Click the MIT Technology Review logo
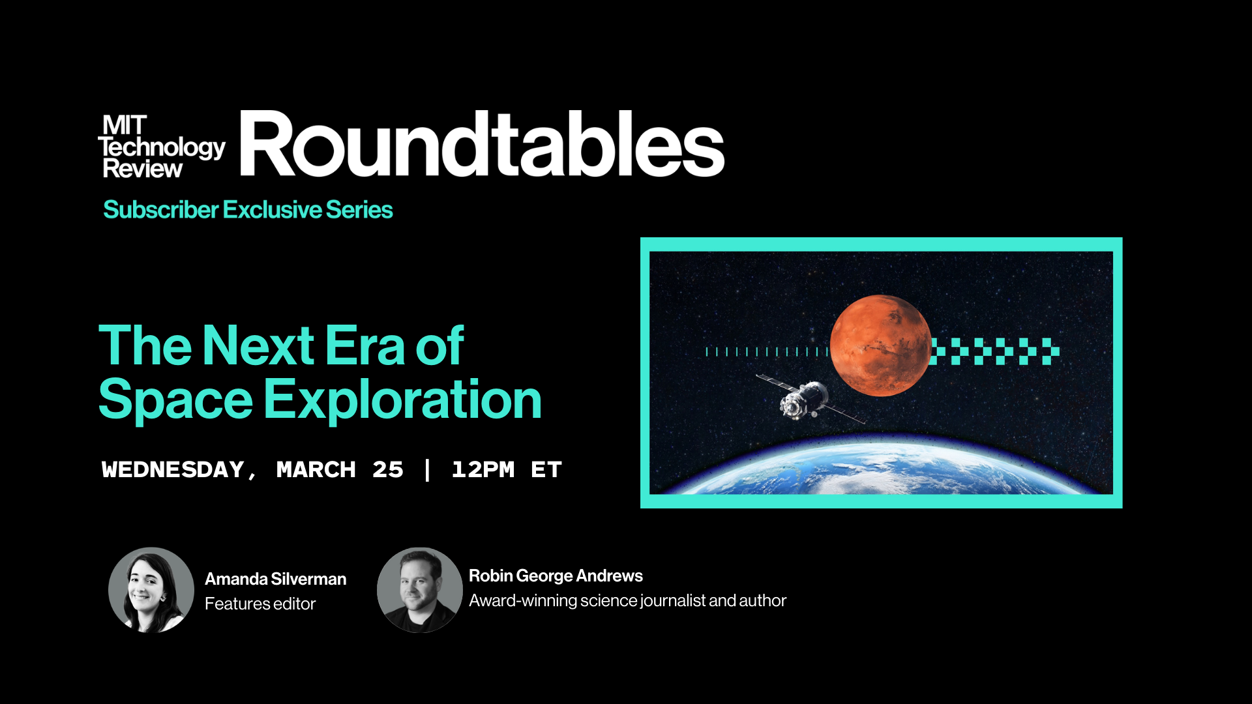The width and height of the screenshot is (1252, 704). [x=162, y=147]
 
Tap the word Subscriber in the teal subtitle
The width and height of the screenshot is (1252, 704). [x=161, y=210]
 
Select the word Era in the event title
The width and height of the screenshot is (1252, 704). [x=365, y=345]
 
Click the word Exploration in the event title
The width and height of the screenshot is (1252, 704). [x=402, y=400]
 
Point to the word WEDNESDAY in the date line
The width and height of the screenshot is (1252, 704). [x=173, y=469]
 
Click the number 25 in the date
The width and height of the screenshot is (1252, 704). [x=388, y=469]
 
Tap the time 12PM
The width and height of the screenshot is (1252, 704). [x=483, y=469]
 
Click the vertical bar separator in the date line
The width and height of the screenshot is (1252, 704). [x=427, y=469]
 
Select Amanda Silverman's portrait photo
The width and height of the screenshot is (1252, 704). [x=151, y=590]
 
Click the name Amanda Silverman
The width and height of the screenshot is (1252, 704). [x=275, y=579]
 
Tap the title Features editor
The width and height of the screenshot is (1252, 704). [x=260, y=604]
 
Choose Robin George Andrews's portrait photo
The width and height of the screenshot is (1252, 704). [x=420, y=590]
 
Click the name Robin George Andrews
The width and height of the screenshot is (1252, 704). [x=556, y=576]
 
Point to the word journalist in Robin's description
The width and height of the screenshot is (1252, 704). [x=673, y=600]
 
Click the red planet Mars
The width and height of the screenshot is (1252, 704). [x=881, y=345]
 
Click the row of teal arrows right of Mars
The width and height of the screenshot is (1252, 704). [x=995, y=351]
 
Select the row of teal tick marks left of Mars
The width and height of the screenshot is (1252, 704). [x=767, y=352]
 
